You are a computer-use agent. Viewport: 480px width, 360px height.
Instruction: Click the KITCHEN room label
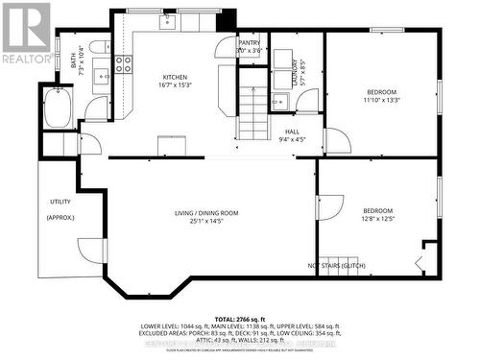tap(174, 78)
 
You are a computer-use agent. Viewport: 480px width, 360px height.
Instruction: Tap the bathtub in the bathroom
tap(58, 108)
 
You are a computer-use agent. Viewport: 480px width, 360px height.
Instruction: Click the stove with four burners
tap(124, 64)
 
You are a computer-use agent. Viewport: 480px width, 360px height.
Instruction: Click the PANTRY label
tap(249, 42)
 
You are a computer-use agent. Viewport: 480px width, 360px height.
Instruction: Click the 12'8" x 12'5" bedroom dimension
tap(379, 219)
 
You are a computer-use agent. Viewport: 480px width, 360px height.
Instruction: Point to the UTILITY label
tap(60, 202)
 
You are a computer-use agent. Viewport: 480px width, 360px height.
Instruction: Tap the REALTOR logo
tap(26, 33)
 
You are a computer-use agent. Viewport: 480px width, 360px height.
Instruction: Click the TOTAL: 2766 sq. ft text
tap(239, 317)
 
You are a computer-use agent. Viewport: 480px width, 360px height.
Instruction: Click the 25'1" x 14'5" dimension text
tap(205, 222)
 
